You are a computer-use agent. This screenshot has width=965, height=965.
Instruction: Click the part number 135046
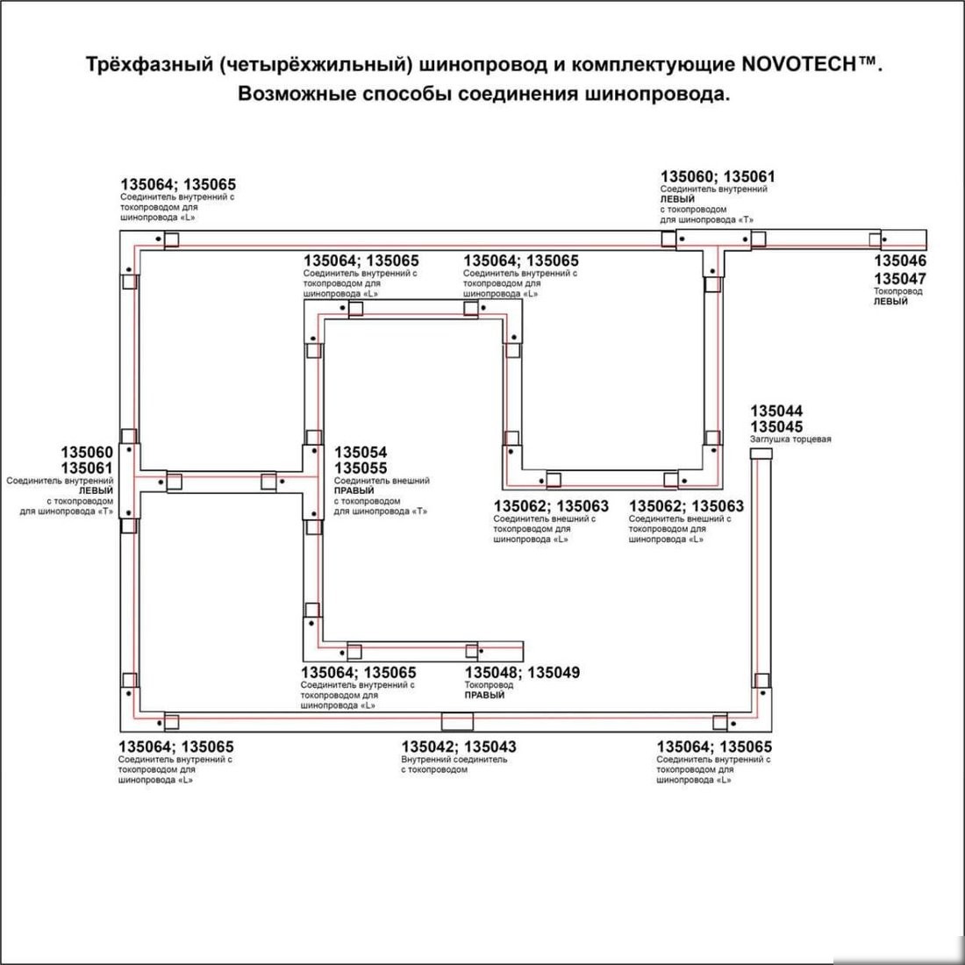tap(899, 261)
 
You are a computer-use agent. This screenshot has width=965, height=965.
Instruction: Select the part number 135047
tap(899, 278)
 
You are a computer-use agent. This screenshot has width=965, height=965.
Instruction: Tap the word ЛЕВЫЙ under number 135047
tap(890, 301)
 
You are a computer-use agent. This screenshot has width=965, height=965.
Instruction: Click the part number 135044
tap(776, 411)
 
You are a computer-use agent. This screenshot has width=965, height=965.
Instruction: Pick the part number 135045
tap(776, 426)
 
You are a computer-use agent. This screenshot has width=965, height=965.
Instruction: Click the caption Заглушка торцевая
tap(790, 440)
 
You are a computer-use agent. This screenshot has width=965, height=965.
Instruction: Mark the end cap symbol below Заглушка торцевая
tap(761, 453)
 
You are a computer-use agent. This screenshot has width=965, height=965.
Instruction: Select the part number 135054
tap(361, 453)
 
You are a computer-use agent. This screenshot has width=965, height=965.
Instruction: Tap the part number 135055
tap(361, 468)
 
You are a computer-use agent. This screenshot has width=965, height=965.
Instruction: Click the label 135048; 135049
tap(522, 673)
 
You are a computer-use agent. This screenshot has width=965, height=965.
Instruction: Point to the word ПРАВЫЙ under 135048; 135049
tap(484, 695)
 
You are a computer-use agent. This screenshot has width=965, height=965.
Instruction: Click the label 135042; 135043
tap(459, 747)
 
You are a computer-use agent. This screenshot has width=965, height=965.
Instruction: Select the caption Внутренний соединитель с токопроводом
tap(454, 764)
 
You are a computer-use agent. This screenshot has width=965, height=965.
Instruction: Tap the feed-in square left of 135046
tap(874, 239)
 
